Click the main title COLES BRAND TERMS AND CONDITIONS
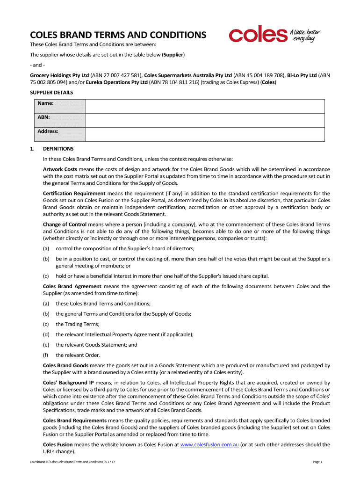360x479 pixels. point(118,35)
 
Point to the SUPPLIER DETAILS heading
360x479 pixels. point(51,93)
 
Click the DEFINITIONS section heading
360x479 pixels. point(58,149)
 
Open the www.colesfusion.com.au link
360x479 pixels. point(209,445)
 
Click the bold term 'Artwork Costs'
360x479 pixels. point(60,169)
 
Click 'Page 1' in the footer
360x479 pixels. point(317,462)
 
